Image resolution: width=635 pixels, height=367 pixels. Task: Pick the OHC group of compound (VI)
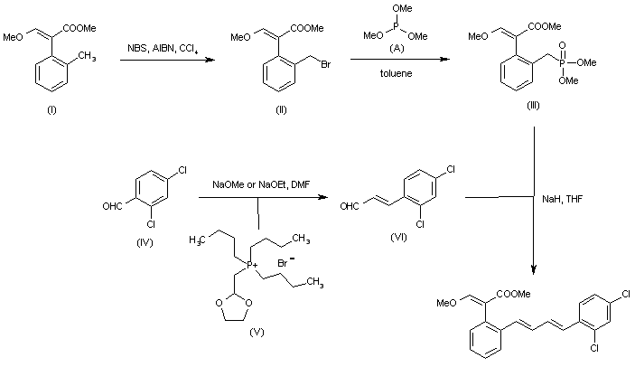click(x=350, y=205)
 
